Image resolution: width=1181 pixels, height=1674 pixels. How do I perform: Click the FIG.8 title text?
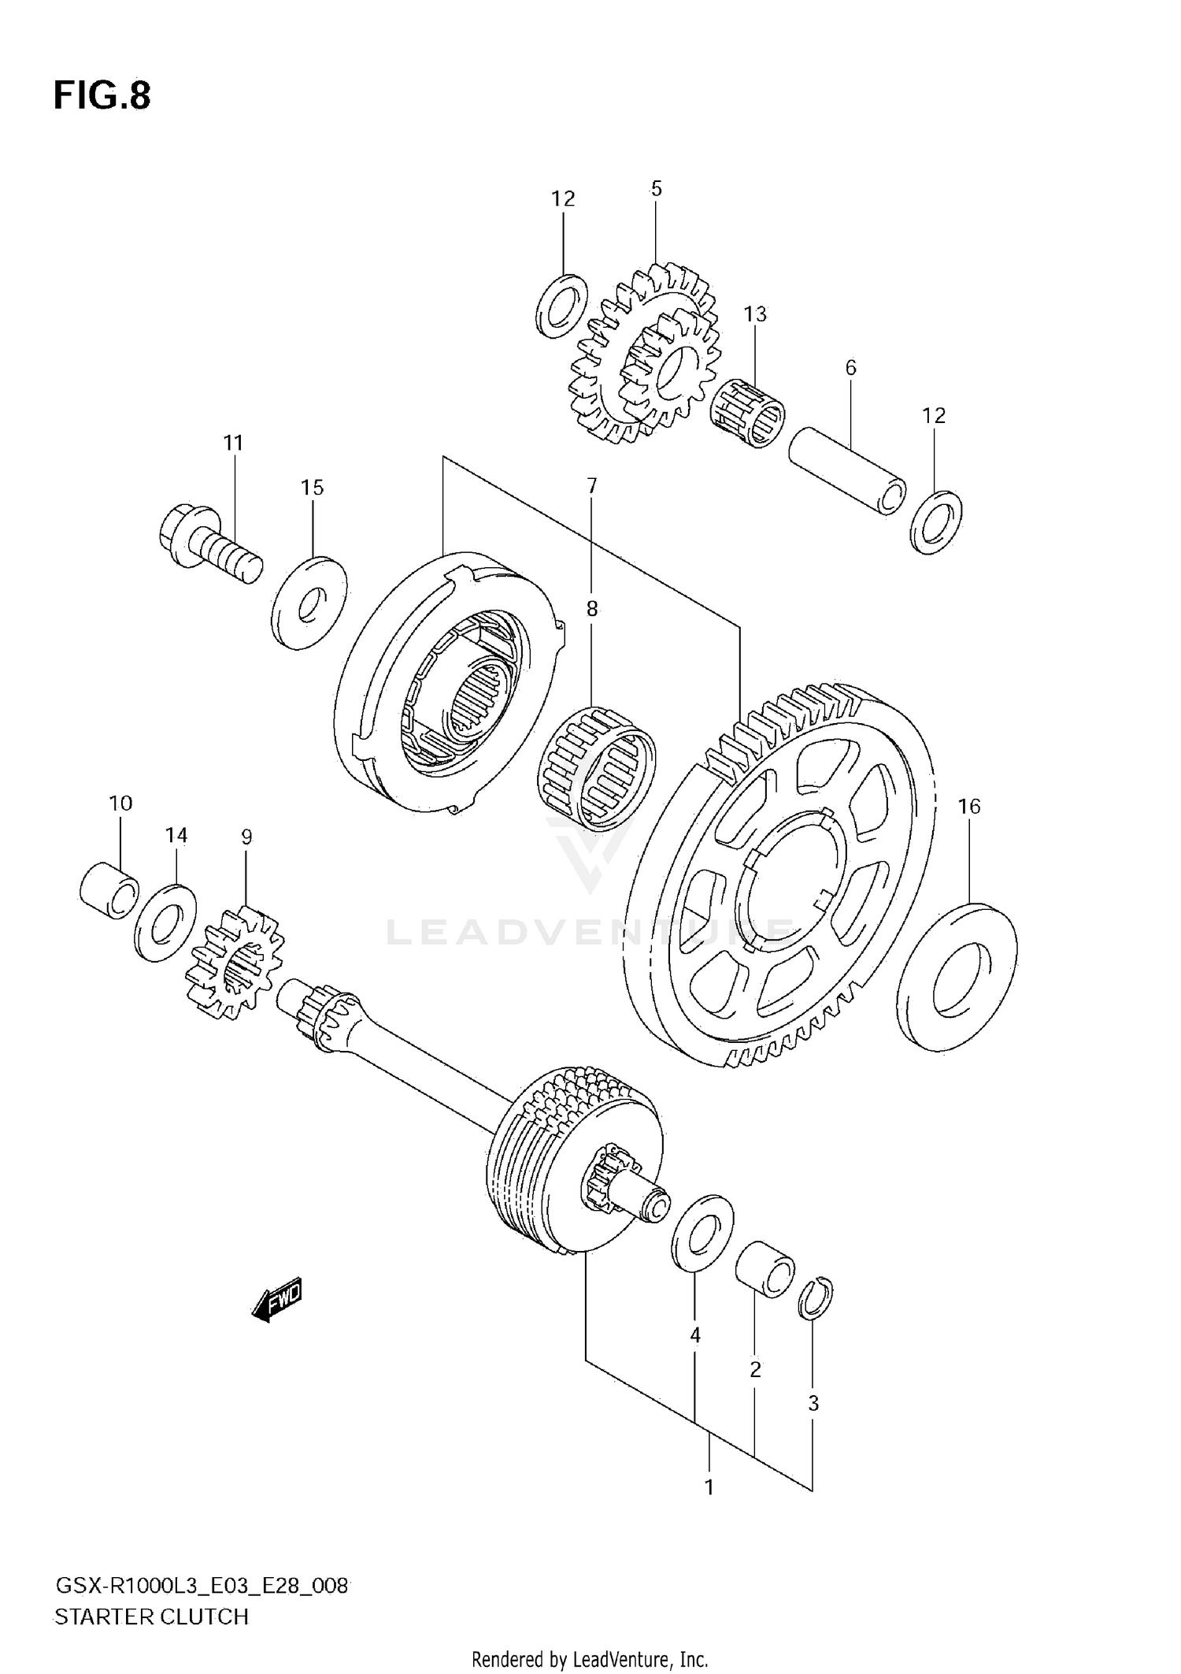(102, 95)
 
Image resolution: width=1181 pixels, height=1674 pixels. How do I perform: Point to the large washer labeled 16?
(957, 978)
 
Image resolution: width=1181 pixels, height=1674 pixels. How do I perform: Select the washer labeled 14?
(165, 922)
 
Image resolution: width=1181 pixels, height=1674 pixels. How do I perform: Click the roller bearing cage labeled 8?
(596, 768)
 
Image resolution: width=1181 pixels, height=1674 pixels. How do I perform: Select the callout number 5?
(656, 189)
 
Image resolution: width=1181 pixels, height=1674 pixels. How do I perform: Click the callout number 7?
(591, 486)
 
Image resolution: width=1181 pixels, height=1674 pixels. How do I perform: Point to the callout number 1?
(709, 1487)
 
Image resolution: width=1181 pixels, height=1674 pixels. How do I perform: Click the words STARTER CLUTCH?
(151, 1617)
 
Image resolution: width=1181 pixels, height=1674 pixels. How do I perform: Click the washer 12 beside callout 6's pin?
(935, 522)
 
